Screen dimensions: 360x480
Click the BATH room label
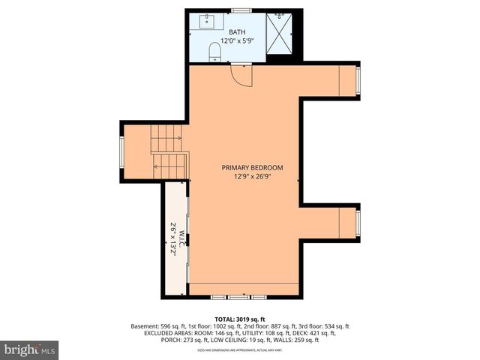(237, 31)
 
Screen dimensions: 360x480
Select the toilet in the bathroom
(215, 51)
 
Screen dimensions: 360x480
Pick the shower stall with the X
(280, 34)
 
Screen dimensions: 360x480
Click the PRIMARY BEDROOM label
(252, 167)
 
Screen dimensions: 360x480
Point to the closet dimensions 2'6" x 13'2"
(172, 240)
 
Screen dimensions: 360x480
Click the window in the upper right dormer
(358, 82)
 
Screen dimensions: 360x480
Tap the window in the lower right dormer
(358, 222)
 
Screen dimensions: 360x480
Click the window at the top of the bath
(241, 10)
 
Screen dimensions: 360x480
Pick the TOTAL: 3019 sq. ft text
(239, 319)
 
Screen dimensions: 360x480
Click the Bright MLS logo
(30, 349)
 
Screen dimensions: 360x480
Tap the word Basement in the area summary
(144, 326)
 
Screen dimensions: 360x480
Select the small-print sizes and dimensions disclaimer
(239, 349)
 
